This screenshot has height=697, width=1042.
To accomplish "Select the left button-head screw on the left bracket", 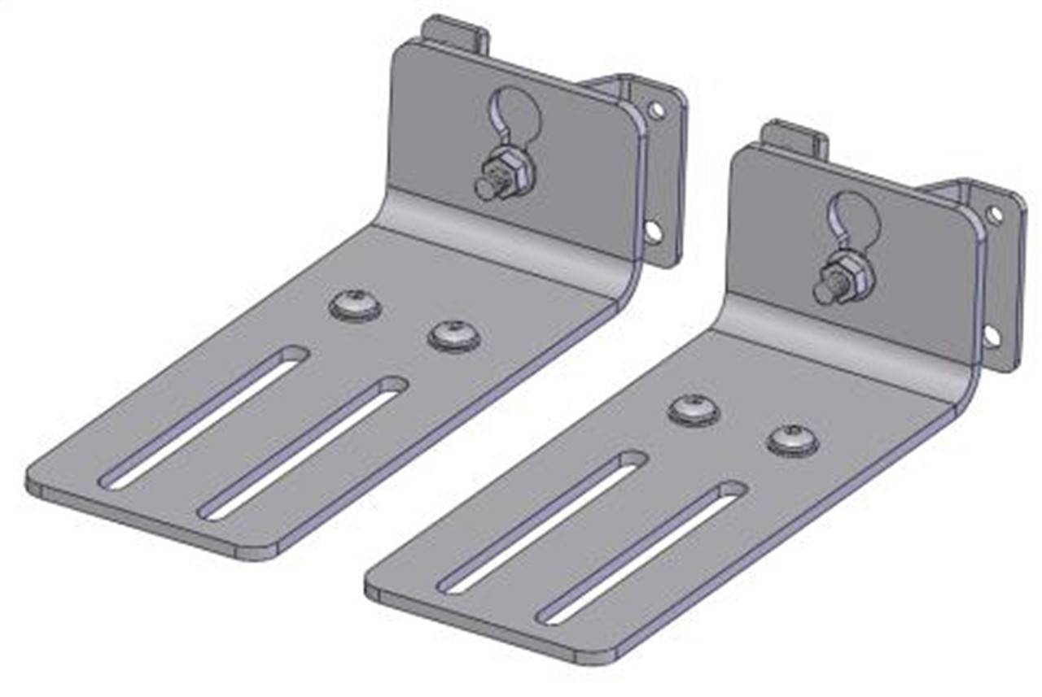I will tap(357, 304).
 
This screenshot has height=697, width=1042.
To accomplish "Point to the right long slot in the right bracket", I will tap(642, 552).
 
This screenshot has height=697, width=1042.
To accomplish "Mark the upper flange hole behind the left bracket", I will tap(656, 109).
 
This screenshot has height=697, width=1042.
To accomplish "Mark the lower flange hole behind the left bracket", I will tap(652, 230).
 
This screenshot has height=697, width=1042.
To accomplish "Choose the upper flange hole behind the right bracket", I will tap(995, 215).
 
